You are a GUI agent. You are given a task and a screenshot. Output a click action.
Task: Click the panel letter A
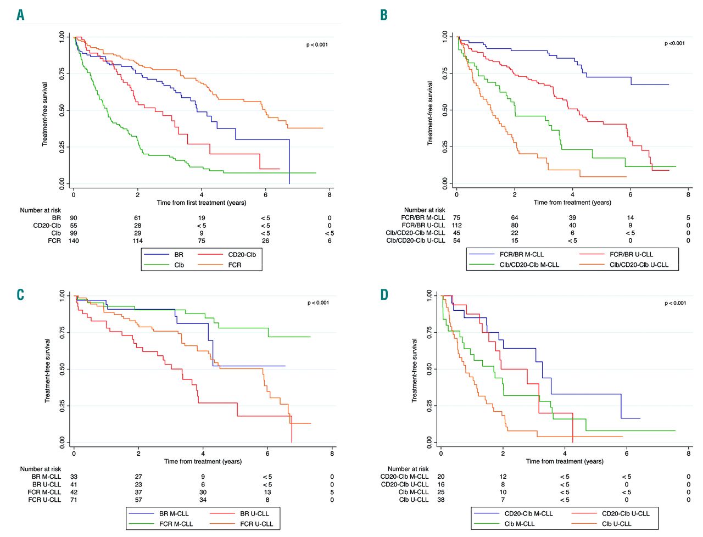[x=20, y=15]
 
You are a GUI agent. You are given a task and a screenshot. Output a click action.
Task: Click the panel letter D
[x=384, y=295]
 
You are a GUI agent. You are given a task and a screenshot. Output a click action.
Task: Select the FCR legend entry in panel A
[x=235, y=265]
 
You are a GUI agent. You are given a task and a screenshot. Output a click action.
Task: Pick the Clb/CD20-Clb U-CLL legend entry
[x=639, y=265]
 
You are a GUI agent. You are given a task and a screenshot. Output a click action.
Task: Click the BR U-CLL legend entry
[x=254, y=513]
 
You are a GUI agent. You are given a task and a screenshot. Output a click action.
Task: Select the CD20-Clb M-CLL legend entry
[x=528, y=513]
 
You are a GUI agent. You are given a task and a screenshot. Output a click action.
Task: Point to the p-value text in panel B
[x=674, y=43]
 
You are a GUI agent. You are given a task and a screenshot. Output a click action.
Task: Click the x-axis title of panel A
[x=202, y=203]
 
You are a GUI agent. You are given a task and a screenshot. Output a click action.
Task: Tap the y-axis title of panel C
[x=48, y=371]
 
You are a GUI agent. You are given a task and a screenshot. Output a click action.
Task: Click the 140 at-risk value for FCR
[x=74, y=240]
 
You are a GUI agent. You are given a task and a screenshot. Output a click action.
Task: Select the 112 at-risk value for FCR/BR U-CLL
[x=456, y=225]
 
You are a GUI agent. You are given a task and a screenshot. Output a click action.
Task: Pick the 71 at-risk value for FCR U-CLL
[x=74, y=500]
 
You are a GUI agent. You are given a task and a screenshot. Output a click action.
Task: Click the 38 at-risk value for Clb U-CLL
[x=441, y=500]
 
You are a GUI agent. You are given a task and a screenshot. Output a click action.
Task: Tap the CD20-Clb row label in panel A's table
[x=47, y=225]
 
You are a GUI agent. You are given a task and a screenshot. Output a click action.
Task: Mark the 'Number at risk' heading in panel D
[x=408, y=469]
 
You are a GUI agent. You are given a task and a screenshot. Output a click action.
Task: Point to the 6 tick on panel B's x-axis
[x=631, y=194]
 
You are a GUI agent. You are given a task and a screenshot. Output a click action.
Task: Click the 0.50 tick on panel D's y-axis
[x=429, y=369]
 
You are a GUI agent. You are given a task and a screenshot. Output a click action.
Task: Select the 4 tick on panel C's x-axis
[x=203, y=454]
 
